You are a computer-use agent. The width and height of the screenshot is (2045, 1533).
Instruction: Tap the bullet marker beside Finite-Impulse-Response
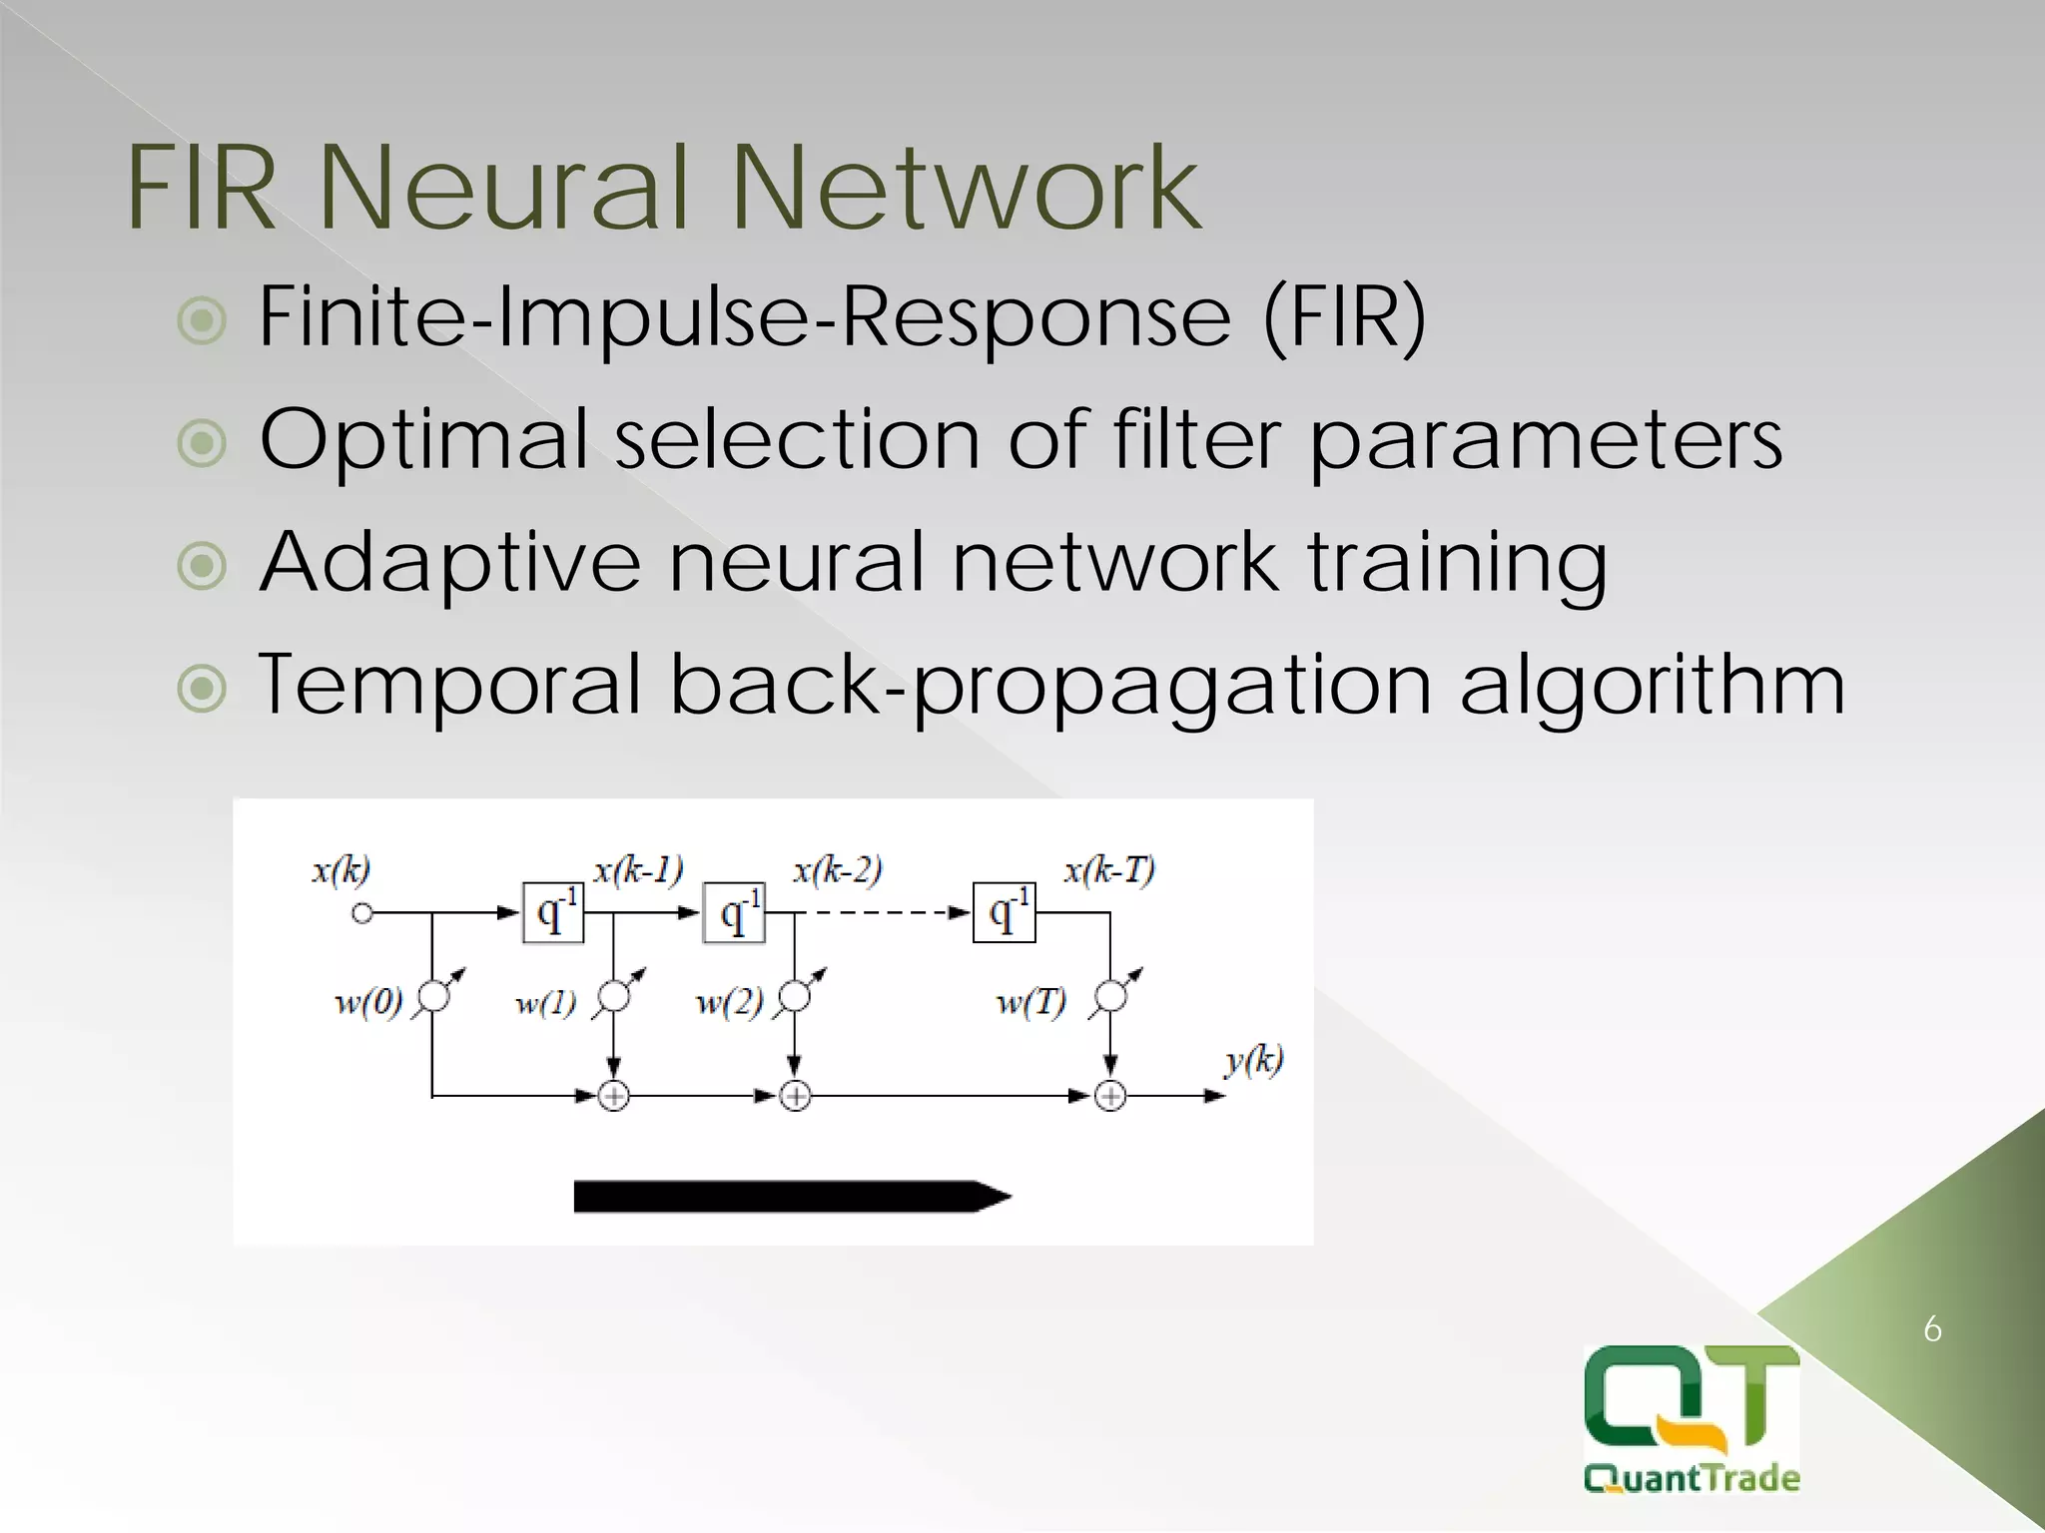coord(202,320)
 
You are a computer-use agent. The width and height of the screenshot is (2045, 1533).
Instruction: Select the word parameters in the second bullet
coord(1545,441)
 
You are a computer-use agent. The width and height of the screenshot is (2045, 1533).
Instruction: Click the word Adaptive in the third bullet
coord(448,564)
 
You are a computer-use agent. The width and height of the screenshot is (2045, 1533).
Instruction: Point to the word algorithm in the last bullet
coord(1652,687)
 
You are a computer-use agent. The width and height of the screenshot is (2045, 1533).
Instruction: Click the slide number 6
coord(1932,1329)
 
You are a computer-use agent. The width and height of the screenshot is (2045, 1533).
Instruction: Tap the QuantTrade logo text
coord(1692,1477)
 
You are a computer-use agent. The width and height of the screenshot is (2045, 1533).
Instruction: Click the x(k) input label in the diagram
coord(341,870)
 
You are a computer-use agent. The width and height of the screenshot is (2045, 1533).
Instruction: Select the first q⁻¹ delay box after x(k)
coord(553,912)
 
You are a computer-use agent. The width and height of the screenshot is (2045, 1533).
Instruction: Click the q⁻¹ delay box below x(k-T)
coord(1004,912)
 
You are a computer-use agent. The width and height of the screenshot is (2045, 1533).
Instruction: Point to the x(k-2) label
coord(837,870)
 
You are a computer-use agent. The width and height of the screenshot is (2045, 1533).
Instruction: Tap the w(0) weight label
coord(368,1001)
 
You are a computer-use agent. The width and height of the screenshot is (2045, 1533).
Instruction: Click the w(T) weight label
coord(1030,1001)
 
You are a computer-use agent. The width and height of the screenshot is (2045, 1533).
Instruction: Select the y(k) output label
coord(1253,1060)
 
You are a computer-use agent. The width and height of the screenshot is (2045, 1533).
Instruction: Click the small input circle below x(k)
coord(362,913)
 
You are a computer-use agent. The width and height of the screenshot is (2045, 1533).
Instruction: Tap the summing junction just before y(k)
coord(1110,1097)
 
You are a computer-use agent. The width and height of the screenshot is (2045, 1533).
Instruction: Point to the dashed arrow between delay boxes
coord(884,912)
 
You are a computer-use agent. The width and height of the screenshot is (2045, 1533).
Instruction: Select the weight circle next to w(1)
coord(613,996)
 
